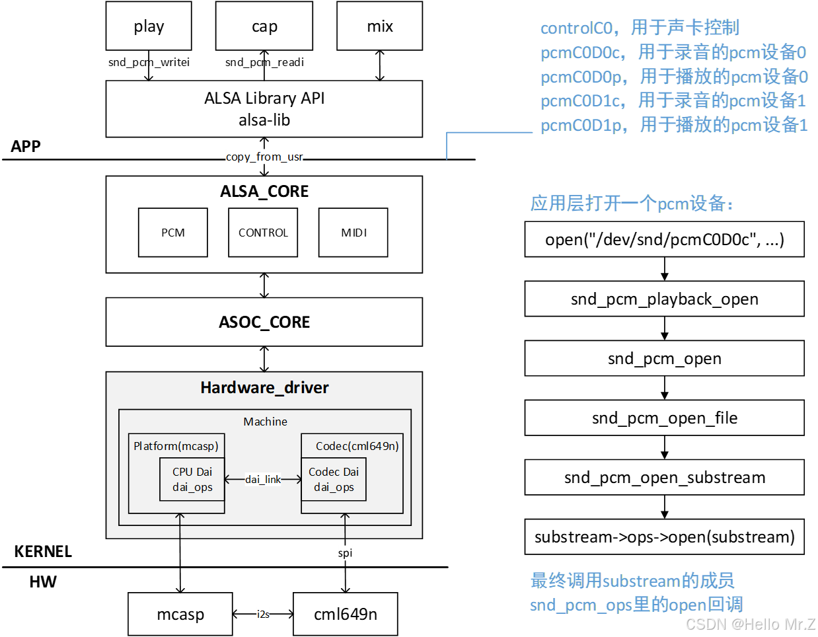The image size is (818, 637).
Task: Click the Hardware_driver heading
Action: (x=264, y=388)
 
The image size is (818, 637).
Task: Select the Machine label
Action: (x=265, y=422)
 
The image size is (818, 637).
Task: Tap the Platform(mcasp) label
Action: (x=176, y=446)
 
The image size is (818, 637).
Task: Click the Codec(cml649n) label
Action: (x=357, y=446)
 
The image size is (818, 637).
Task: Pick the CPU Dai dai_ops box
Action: (x=192, y=480)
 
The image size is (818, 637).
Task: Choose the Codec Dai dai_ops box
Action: (x=334, y=480)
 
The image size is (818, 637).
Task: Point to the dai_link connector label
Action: (x=263, y=480)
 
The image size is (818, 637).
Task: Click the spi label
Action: (x=345, y=553)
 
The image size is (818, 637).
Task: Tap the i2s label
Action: (x=263, y=615)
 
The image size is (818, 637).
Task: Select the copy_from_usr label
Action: (x=264, y=157)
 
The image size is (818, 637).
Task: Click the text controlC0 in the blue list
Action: (x=577, y=28)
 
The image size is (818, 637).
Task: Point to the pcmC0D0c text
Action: (x=581, y=53)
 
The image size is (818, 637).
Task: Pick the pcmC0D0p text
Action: (x=581, y=77)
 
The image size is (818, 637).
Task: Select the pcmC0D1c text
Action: (x=581, y=101)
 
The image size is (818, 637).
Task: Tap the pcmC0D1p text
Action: (x=581, y=126)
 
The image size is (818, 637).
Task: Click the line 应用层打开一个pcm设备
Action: (x=632, y=204)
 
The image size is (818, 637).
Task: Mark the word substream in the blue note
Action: (x=641, y=581)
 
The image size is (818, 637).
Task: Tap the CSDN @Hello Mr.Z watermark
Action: (x=749, y=624)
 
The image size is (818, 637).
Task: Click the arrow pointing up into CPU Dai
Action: (x=180, y=525)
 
